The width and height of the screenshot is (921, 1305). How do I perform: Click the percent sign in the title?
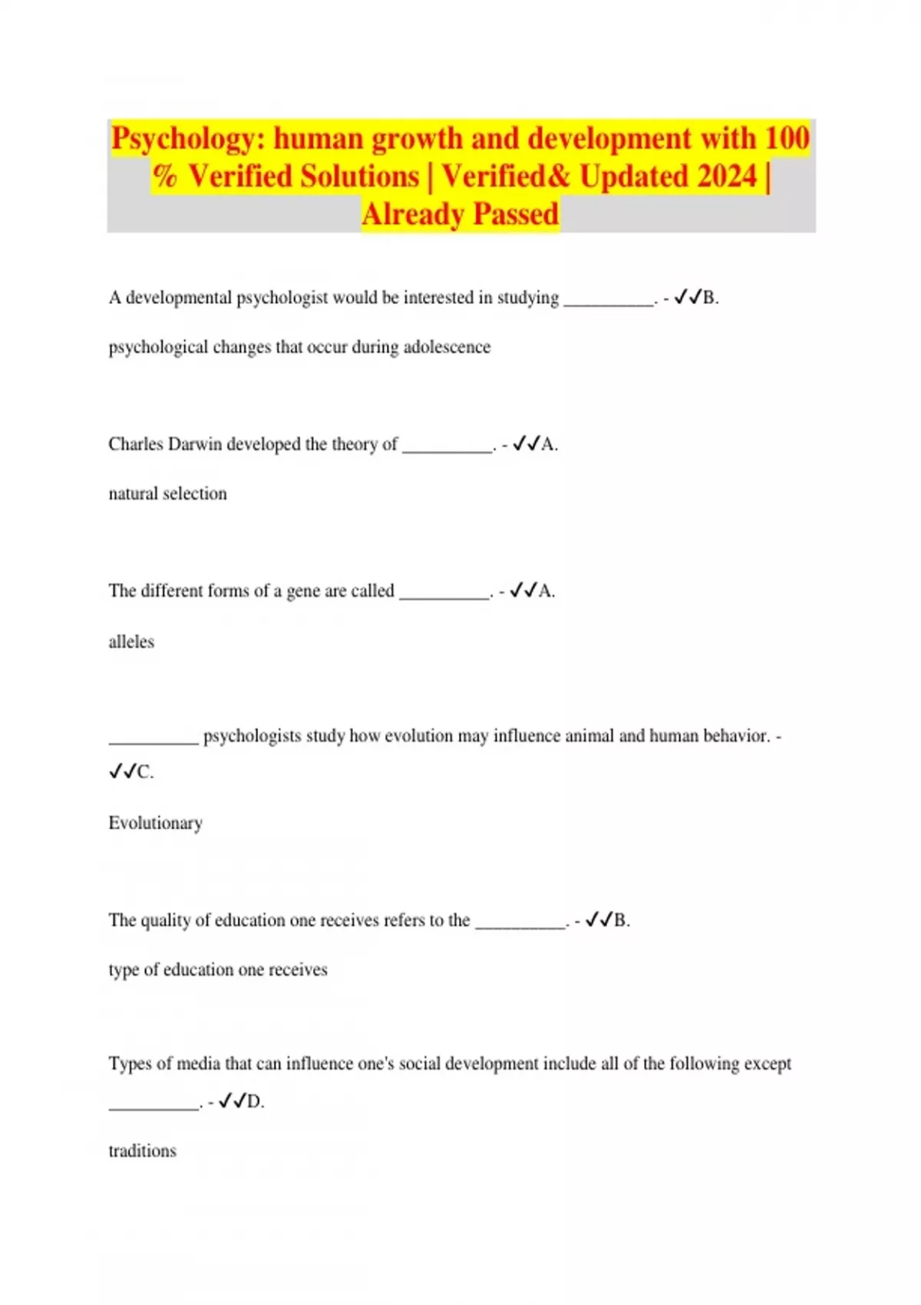[165, 177]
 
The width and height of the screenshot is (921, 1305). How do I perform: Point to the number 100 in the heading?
[787, 139]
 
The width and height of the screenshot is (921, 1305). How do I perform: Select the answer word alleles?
[131, 642]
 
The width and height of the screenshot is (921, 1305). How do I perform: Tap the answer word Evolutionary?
[155, 823]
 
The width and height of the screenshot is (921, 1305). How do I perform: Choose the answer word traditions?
[142, 1151]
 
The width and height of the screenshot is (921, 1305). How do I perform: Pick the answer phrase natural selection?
[167, 494]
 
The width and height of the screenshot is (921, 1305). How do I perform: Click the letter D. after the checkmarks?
[255, 1102]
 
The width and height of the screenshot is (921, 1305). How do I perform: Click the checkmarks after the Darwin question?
[526, 444]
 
